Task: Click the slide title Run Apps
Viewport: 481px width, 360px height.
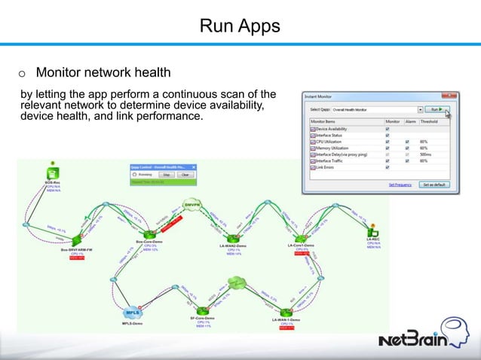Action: (x=240, y=26)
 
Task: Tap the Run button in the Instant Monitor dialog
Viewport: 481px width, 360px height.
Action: (x=435, y=109)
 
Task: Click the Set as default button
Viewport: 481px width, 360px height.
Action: (x=437, y=184)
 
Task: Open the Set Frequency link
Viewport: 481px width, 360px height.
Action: (x=400, y=184)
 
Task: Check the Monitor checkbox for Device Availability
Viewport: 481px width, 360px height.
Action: (x=388, y=130)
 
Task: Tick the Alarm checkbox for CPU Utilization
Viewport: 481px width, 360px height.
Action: (x=406, y=142)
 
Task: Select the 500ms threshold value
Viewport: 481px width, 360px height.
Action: (x=426, y=154)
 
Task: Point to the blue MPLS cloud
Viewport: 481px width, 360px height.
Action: (x=133, y=311)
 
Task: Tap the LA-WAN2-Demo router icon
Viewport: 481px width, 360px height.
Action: (x=231, y=234)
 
